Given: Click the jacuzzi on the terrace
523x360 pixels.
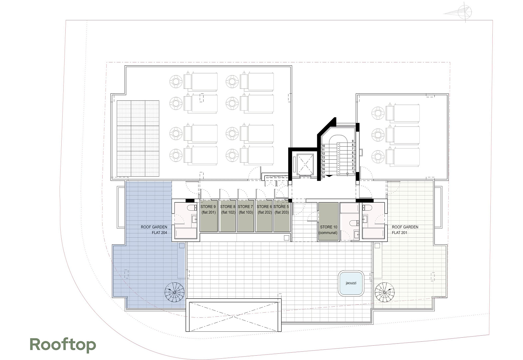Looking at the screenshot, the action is click(x=351, y=283).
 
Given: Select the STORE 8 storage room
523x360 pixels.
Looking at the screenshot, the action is click(x=228, y=216).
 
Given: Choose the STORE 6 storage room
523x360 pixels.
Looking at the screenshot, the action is click(x=264, y=216).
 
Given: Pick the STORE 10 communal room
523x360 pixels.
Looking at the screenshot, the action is click(x=328, y=221).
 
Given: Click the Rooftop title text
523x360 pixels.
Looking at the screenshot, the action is click(x=63, y=345).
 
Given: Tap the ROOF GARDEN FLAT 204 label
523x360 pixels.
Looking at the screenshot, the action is click(x=154, y=230).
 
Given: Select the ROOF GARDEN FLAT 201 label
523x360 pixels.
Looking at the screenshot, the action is click(x=405, y=230).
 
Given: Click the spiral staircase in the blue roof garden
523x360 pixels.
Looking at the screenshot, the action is click(x=175, y=292).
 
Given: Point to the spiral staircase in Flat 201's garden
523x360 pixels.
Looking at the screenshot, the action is click(x=384, y=292).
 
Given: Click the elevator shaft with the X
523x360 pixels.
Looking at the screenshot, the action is click(x=305, y=164).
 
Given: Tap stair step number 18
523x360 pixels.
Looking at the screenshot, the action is click(x=323, y=177).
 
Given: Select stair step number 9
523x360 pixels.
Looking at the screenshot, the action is click(x=352, y=141).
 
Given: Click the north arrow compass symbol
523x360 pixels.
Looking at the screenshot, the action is click(x=464, y=12).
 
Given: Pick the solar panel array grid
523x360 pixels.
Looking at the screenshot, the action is click(x=138, y=138).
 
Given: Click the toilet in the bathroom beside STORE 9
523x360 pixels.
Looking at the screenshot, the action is click(x=192, y=207).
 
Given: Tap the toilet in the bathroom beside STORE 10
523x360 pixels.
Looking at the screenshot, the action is click(x=354, y=223).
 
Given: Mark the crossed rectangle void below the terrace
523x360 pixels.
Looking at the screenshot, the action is click(x=234, y=316).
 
